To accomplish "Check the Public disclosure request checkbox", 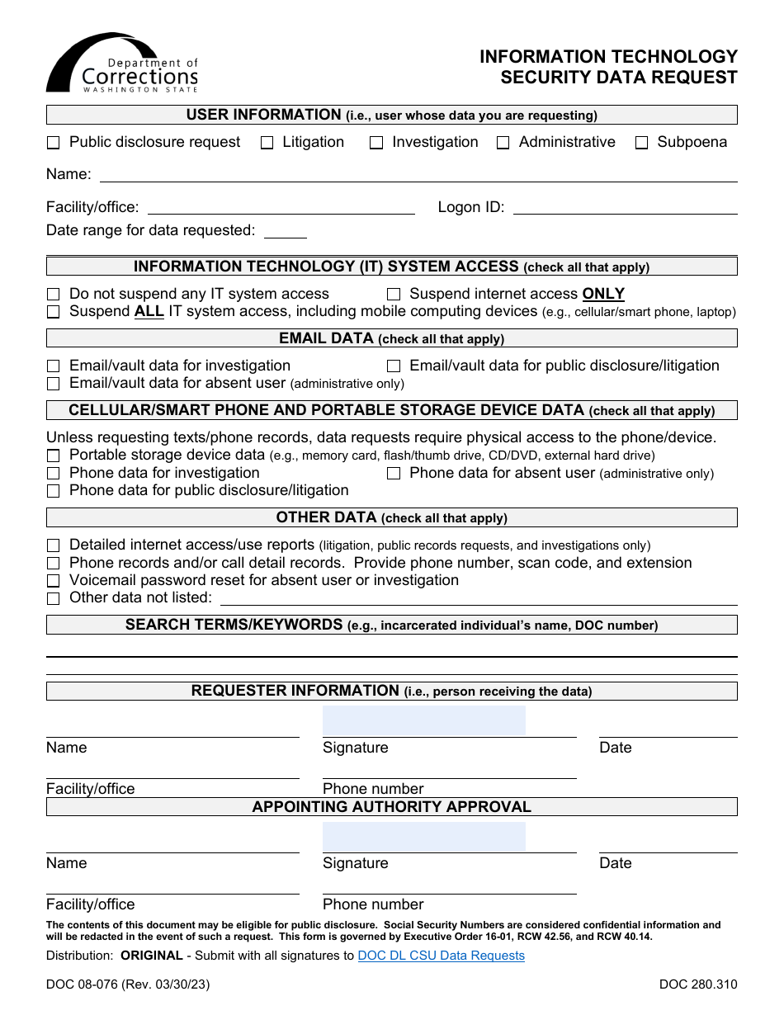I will coord(54,143).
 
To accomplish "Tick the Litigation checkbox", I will coord(267,143).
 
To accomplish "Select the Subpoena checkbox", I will coord(641,143).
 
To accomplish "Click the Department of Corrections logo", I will coord(122,64).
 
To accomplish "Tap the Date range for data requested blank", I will coord(285,231).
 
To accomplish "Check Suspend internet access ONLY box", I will coord(394,295).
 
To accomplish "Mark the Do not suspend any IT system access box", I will coord(54,295).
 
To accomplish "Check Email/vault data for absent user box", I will coord(54,384).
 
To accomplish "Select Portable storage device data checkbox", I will coord(54,456).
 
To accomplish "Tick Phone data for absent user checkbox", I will coord(394,474).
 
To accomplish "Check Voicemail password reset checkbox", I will coord(54,581).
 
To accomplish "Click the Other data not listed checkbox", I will coord(54,598).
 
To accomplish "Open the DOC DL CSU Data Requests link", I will coord(441,956).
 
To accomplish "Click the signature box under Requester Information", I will coord(423,720).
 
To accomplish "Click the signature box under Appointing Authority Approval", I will coord(423,836).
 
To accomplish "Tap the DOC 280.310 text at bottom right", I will coord(697,984).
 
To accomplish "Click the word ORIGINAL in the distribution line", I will coord(151,956).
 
